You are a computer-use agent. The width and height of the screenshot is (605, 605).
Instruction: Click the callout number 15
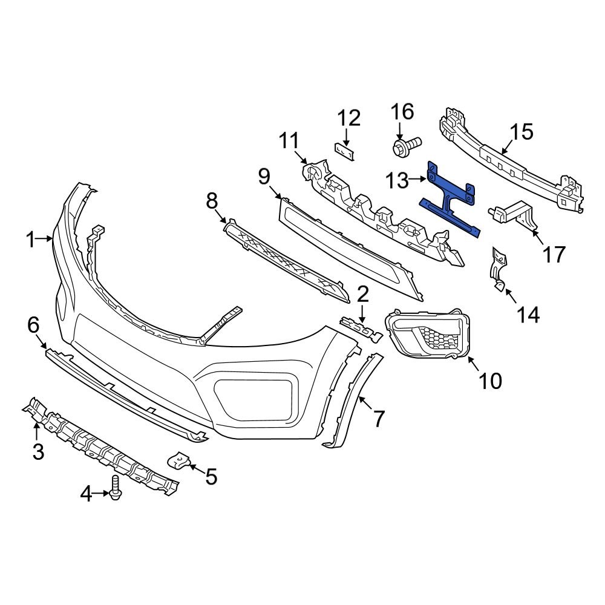[x=522, y=131]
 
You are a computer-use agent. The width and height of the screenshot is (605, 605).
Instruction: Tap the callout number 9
[x=264, y=177]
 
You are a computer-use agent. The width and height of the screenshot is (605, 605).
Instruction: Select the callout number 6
[x=33, y=325]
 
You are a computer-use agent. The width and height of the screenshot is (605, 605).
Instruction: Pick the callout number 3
[x=38, y=451]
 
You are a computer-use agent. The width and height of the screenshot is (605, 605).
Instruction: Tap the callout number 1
[x=31, y=240]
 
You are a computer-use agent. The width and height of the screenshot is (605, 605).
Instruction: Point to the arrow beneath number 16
[x=401, y=131]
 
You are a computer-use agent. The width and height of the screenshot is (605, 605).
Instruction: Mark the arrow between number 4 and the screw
[x=102, y=494]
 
